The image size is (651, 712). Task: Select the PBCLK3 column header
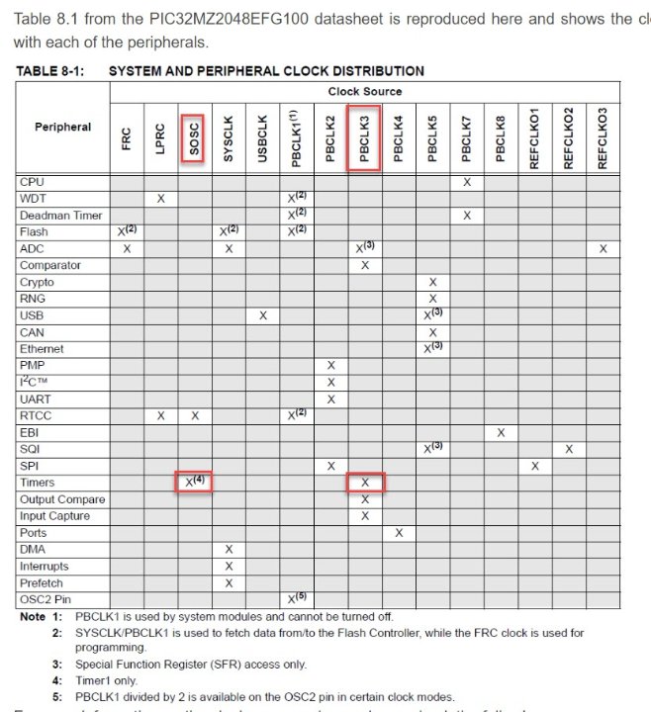pyautogui.click(x=364, y=140)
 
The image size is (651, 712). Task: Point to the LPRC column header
pyautogui.click(x=160, y=139)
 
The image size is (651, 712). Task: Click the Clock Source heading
pyautogui.click(x=365, y=91)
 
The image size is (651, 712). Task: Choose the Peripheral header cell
pyautogui.click(x=62, y=127)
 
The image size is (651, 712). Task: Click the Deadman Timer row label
pyautogui.click(x=61, y=216)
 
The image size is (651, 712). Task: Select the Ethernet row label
pyautogui.click(x=42, y=349)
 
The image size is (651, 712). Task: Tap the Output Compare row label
pyautogui.click(x=62, y=499)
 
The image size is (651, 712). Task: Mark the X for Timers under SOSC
pyautogui.click(x=194, y=483)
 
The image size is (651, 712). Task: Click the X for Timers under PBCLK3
pyautogui.click(x=365, y=483)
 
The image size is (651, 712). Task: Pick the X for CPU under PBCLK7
pyautogui.click(x=467, y=182)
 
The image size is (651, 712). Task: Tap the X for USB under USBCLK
pyautogui.click(x=263, y=315)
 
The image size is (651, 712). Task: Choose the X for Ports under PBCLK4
pyautogui.click(x=399, y=533)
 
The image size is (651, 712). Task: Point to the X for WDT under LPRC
pyautogui.click(x=160, y=199)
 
